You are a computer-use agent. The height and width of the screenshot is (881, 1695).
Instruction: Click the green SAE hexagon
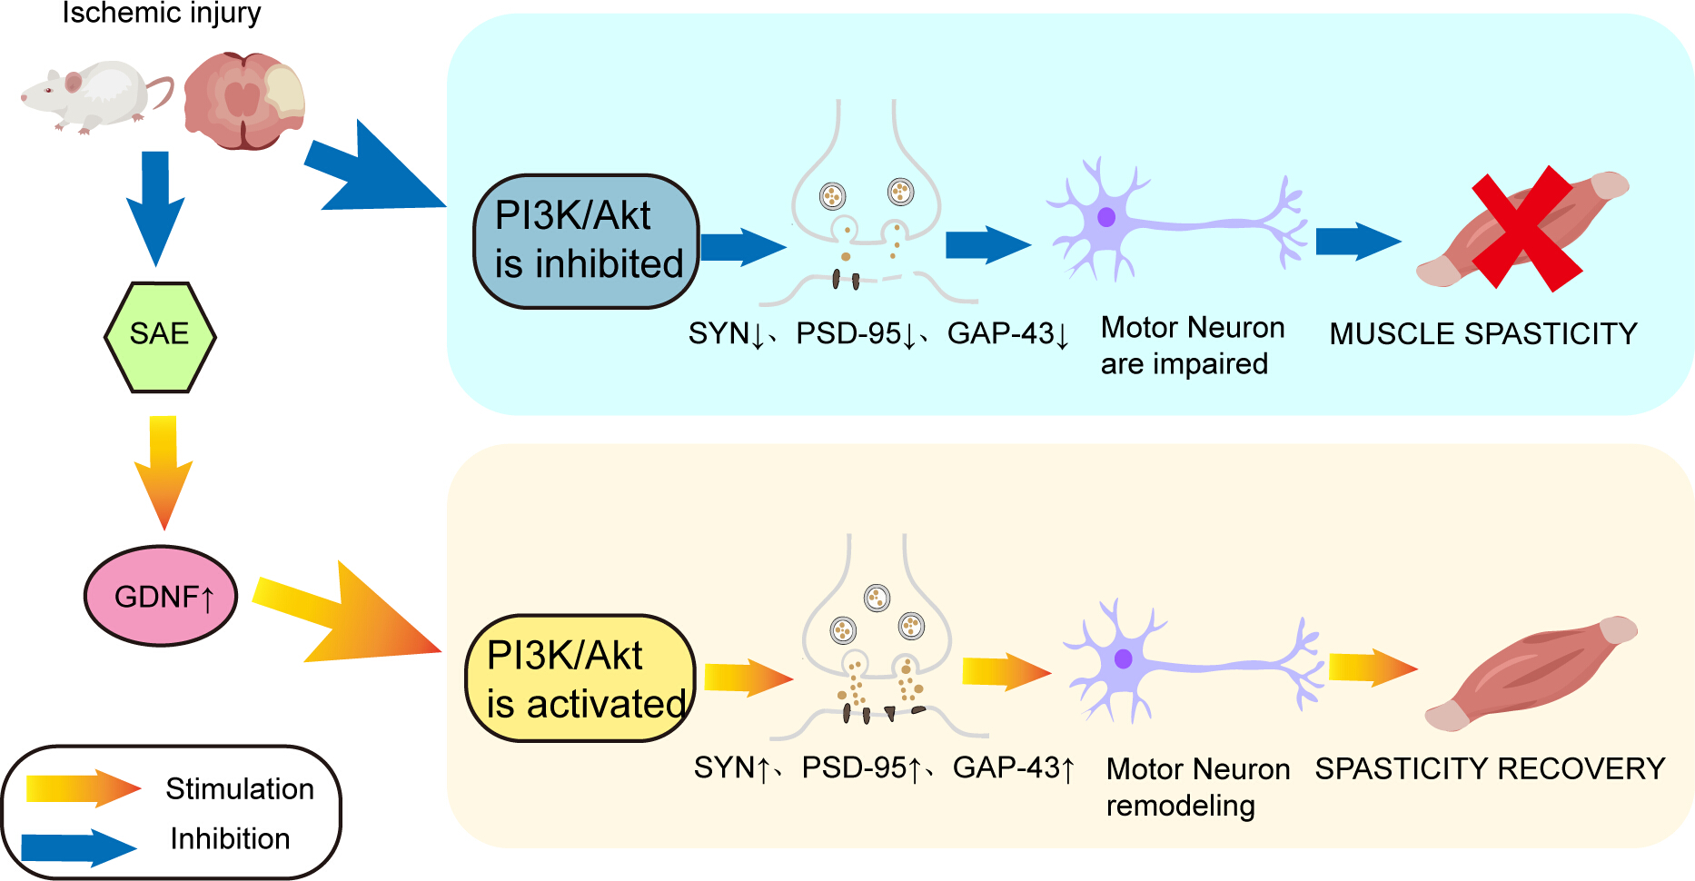[x=160, y=337]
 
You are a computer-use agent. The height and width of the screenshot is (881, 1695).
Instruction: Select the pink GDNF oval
[x=161, y=596]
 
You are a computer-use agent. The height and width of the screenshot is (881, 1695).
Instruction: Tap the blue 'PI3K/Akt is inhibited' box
[x=586, y=242]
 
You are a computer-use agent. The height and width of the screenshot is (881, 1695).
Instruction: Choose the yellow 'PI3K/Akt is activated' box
[x=580, y=678]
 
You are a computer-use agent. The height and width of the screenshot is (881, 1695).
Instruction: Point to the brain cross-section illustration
[x=244, y=100]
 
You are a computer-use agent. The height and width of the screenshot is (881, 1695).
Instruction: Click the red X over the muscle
[x=1526, y=229]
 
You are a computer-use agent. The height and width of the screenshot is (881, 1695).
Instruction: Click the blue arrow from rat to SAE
[x=155, y=208]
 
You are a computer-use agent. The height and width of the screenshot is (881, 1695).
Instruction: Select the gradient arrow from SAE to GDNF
[x=163, y=472]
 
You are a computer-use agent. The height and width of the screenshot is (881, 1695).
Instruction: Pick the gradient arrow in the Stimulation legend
[x=84, y=788]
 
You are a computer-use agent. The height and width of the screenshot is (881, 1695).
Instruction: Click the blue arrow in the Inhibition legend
[x=79, y=847]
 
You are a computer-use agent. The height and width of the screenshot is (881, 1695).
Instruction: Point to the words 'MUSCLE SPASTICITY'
[x=1483, y=334]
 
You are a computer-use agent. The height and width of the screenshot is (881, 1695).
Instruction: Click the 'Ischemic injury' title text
[x=162, y=13]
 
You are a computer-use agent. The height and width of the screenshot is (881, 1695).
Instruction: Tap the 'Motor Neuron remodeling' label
[x=1198, y=787]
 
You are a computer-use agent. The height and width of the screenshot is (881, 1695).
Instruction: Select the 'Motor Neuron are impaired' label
[x=1193, y=345]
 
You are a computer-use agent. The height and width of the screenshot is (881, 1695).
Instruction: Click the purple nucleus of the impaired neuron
[x=1106, y=217]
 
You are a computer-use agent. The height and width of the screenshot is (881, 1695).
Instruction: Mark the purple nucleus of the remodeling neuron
[x=1124, y=658]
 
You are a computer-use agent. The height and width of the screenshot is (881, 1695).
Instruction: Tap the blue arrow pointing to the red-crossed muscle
[x=1359, y=242]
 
